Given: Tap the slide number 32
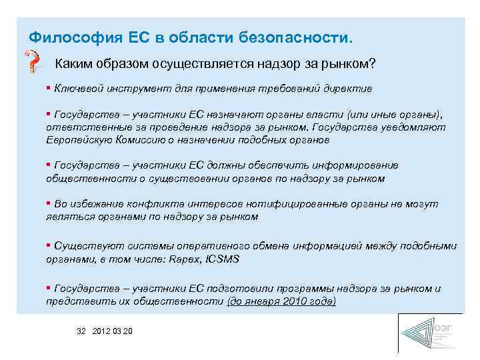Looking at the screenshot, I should tap(81, 331).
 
